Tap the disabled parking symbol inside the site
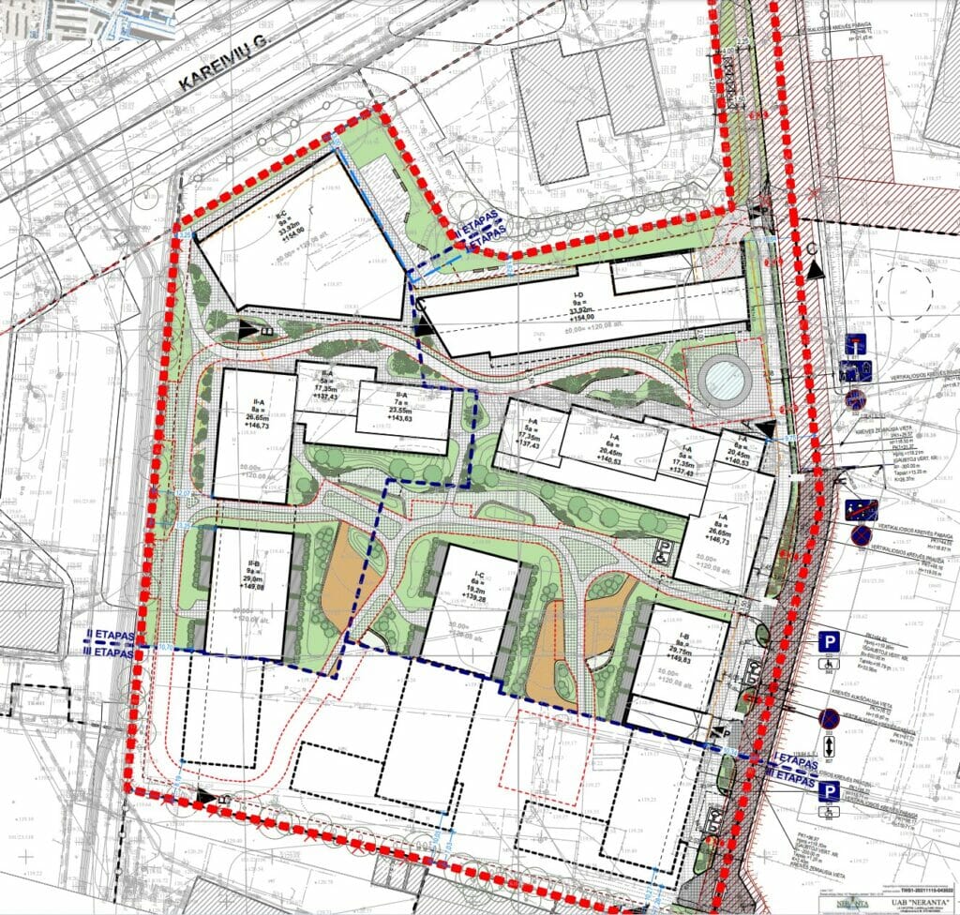point(663,552)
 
